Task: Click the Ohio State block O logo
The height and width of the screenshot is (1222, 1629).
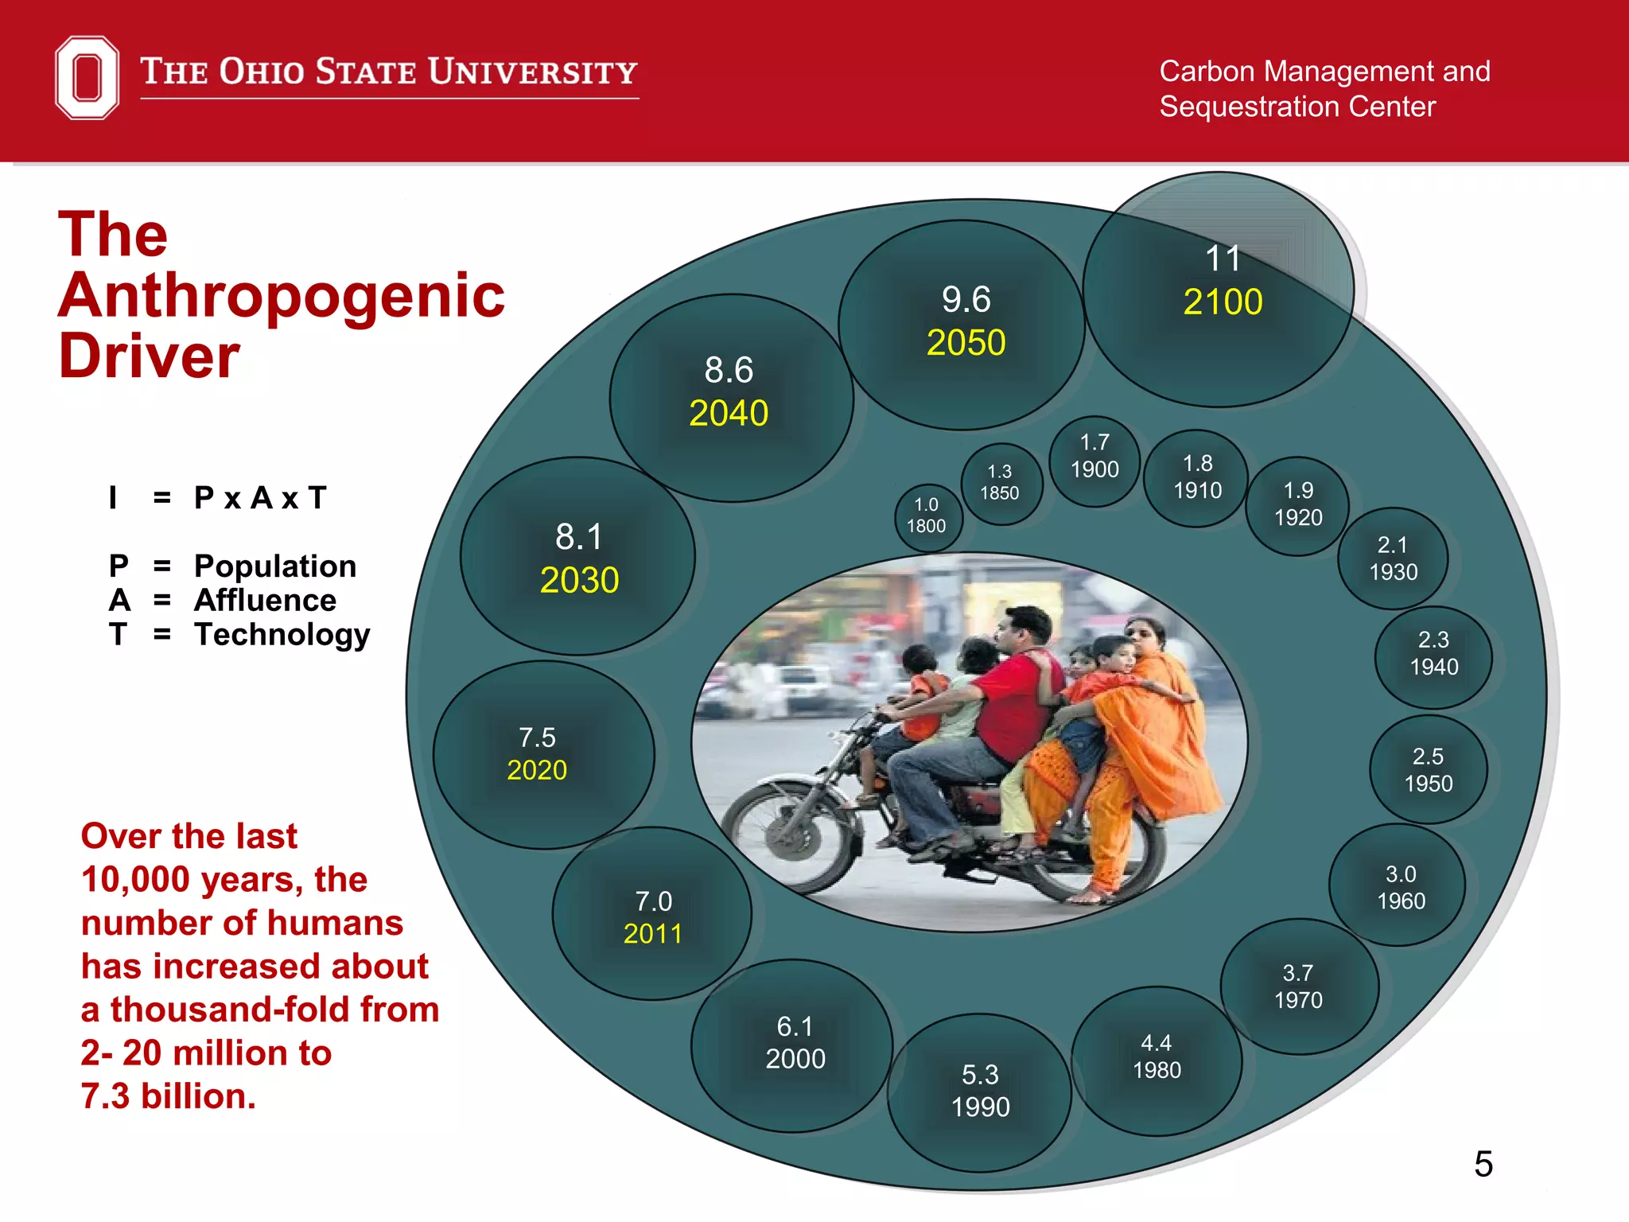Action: point(87,77)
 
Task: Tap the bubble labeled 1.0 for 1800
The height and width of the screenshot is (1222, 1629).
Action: point(927,516)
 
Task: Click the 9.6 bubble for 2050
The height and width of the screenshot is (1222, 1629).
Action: point(965,322)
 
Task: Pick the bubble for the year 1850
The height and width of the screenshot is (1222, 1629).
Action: point(1000,483)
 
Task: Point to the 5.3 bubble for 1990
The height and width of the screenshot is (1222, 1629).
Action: point(980,1091)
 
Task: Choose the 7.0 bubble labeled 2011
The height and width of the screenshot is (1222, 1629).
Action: point(653,916)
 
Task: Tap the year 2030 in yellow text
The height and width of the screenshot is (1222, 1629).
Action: point(579,580)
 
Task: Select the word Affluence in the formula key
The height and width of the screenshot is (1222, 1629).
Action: point(266,601)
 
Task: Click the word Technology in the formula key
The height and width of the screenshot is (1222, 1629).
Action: point(282,635)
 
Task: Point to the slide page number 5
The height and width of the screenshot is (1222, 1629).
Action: point(1483,1164)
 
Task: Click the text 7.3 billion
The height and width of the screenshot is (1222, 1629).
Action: point(169,1096)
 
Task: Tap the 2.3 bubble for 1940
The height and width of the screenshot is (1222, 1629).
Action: point(1433,654)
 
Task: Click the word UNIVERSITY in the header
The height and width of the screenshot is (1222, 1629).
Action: point(534,72)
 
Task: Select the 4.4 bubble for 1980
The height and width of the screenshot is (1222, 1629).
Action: point(1157,1057)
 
